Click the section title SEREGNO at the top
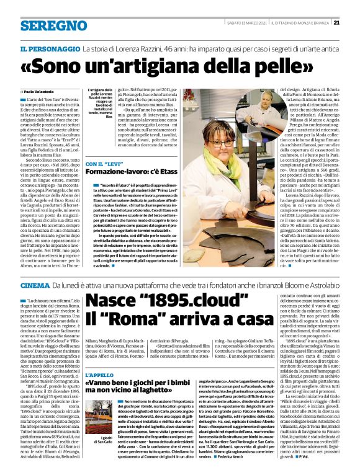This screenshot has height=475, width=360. (x=53, y=25)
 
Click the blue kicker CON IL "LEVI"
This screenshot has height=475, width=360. (x=102, y=164)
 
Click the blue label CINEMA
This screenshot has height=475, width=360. (x=35, y=285)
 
